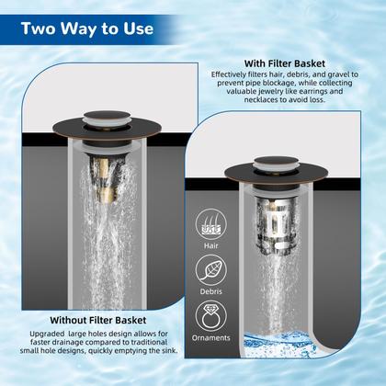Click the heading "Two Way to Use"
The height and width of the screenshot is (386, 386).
(x=87, y=28)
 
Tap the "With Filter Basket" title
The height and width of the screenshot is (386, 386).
(x=285, y=63)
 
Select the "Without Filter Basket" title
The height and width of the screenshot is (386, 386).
(x=98, y=320)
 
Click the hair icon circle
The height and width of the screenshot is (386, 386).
(x=211, y=224)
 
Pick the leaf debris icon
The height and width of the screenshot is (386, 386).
(x=211, y=270)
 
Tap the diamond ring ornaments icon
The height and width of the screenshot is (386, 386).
(x=211, y=316)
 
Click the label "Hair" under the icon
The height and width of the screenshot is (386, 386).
(x=211, y=245)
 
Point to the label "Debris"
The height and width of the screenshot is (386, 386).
(x=211, y=291)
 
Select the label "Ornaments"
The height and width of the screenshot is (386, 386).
(x=211, y=338)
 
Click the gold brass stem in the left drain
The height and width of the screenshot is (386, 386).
(x=104, y=180)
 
